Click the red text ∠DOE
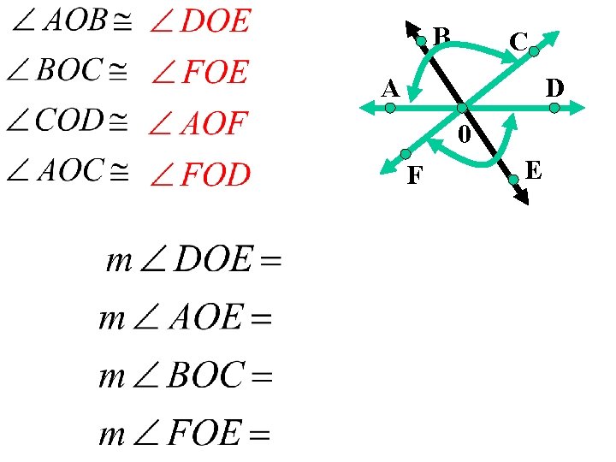tap(200, 21)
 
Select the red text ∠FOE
tap(199, 73)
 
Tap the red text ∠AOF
tap(198, 125)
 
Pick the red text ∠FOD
tap(200, 176)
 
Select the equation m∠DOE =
tap(193, 261)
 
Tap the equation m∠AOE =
tap(186, 320)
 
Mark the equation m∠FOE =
tap(186, 435)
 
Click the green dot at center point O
tap(462, 109)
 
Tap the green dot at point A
tap(389, 109)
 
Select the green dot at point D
tap(554, 109)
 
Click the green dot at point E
tap(513, 180)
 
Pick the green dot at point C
tap(534, 52)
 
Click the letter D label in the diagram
tap(554, 88)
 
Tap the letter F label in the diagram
tap(415, 175)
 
